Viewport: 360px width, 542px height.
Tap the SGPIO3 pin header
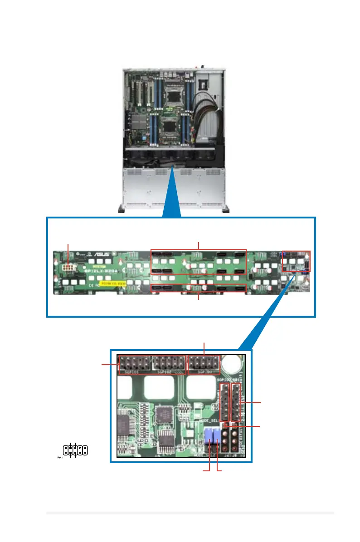[204, 363]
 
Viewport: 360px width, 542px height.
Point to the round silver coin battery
[235, 363]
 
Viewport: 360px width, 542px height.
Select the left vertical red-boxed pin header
[224, 402]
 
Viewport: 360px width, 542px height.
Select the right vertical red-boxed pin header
[236, 402]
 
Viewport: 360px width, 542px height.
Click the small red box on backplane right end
[296, 261]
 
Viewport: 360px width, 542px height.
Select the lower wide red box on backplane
[199, 287]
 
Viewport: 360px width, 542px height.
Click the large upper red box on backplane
[198, 261]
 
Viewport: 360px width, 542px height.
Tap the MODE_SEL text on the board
[210, 421]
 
